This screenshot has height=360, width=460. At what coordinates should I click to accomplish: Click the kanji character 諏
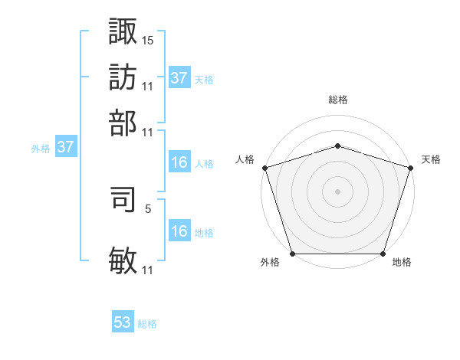click(x=123, y=31)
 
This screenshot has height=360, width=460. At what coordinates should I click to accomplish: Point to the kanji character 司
click(x=123, y=201)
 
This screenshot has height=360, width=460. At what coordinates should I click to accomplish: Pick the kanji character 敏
click(x=123, y=261)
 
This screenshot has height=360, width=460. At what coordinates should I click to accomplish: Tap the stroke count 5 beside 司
click(x=147, y=208)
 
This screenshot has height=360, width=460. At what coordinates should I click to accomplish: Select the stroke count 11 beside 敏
click(x=148, y=270)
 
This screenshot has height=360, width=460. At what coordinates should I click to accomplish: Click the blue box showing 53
click(x=123, y=322)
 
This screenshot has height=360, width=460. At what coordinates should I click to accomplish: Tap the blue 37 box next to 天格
click(x=179, y=78)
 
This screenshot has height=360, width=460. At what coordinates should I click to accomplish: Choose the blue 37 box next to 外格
click(x=65, y=148)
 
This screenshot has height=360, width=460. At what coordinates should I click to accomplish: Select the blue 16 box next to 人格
click(x=179, y=162)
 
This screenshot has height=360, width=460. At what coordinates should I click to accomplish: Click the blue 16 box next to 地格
click(x=179, y=231)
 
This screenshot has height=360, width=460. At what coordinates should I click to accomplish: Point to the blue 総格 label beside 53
click(x=147, y=324)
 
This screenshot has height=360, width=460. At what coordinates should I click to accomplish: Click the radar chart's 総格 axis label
click(x=338, y=100)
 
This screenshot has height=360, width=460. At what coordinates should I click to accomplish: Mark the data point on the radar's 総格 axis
click(x=338, y=146)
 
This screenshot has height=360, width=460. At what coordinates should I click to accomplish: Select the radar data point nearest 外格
click(x=293, y=254)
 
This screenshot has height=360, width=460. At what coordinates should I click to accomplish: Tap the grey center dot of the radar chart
click(x=338, y=191)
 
